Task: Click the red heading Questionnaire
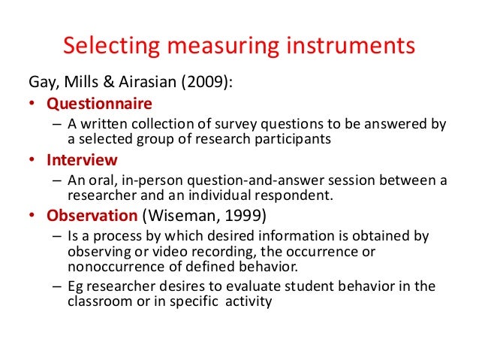coord(99,103)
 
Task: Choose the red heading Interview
coord(82,159)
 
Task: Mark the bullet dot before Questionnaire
coord(34,104)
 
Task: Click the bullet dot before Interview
coord(34,160)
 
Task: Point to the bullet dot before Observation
coord(34,216)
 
